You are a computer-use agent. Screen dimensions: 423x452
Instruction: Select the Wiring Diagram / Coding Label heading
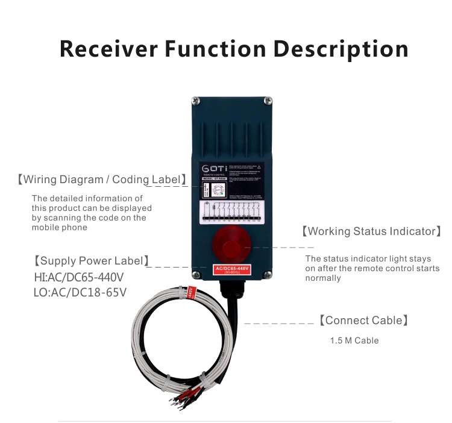click(x=101, y=180)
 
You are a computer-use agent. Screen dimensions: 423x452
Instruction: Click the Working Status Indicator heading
click(x=371, y=231)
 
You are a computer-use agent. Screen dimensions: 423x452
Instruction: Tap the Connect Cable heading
click(x=363, y=321)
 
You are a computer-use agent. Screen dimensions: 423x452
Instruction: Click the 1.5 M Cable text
click(x=354, y=340)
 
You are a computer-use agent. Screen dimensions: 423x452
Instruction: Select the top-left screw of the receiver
click(x=195, y=101)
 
